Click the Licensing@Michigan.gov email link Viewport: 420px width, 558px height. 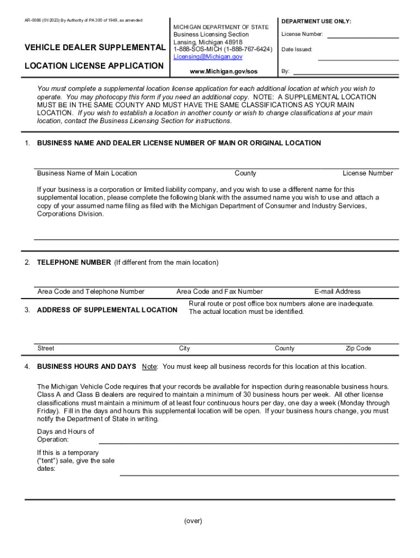point(208,57)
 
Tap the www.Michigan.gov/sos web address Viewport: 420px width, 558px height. point(224,71)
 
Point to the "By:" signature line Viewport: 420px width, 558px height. point(346,73)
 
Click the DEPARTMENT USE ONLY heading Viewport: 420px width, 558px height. point(316,21)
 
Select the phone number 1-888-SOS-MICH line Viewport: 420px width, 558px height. point(223,49)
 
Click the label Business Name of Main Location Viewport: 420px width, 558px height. point(87,173)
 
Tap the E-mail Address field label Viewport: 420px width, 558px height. point(337,292)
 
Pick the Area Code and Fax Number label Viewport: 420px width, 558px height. point(219,292)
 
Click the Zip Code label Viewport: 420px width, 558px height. point(358,348)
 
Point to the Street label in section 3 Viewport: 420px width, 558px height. point(46,348)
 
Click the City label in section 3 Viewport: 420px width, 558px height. point(184,348)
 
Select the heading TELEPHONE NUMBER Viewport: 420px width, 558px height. point(74,263)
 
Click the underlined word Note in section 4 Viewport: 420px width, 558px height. point(149,366)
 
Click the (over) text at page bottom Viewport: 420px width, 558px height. point(193,521)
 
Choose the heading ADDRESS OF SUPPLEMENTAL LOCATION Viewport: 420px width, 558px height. point(107,310)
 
